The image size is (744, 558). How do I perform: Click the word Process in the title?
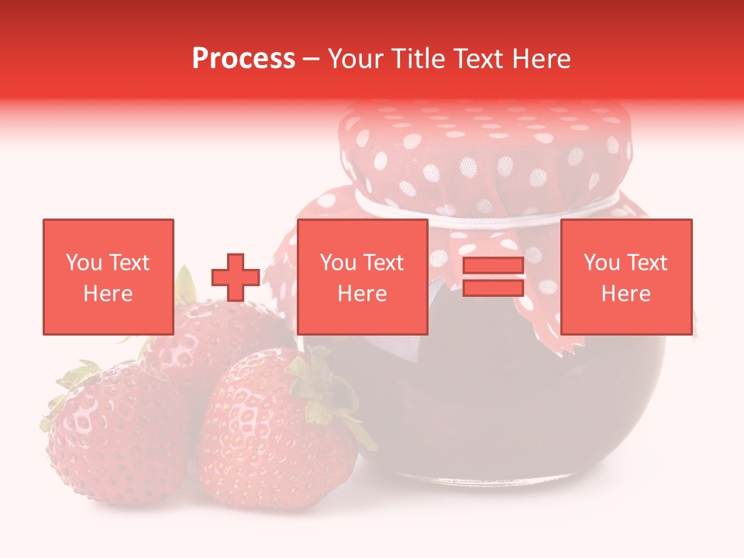[243, 59]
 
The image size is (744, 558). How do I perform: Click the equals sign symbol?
[493, 277]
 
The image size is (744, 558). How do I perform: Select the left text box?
[108, 277]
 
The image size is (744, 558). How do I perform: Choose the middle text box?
[362, 277]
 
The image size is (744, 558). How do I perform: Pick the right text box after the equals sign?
[625, 277]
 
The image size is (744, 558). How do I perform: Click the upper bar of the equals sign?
[493, 266]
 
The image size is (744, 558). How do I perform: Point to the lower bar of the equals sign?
[493, 288]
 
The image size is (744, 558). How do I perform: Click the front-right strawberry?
[271, 442]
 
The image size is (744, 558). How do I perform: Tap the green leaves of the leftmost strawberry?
[70, 387]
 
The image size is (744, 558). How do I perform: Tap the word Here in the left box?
[108, 294]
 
